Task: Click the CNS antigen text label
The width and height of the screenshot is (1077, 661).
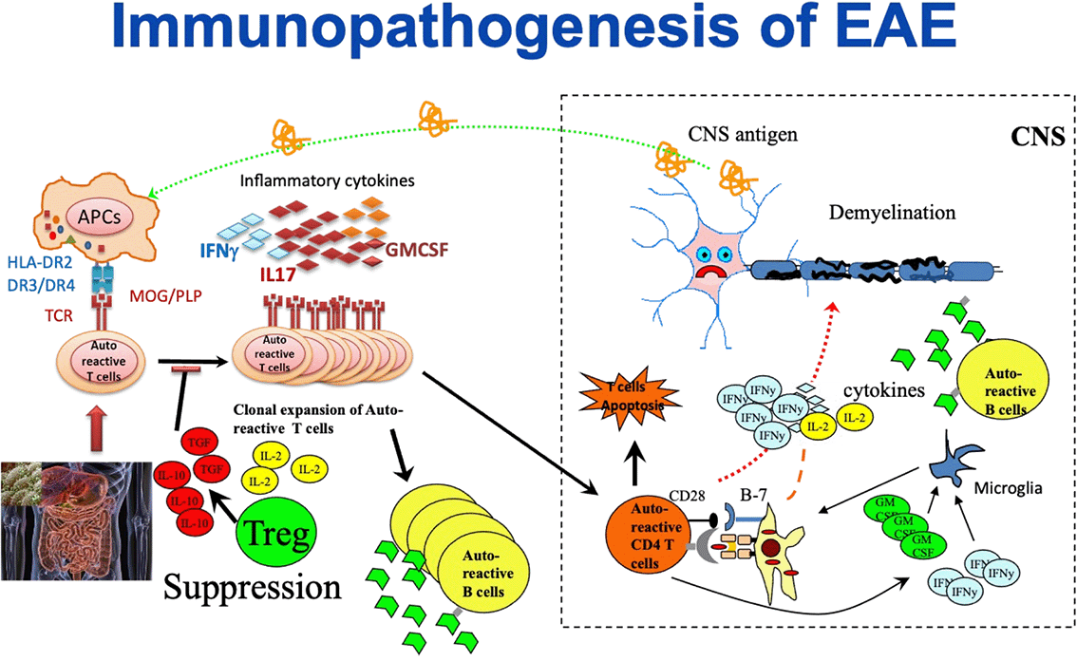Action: (744, 136)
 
